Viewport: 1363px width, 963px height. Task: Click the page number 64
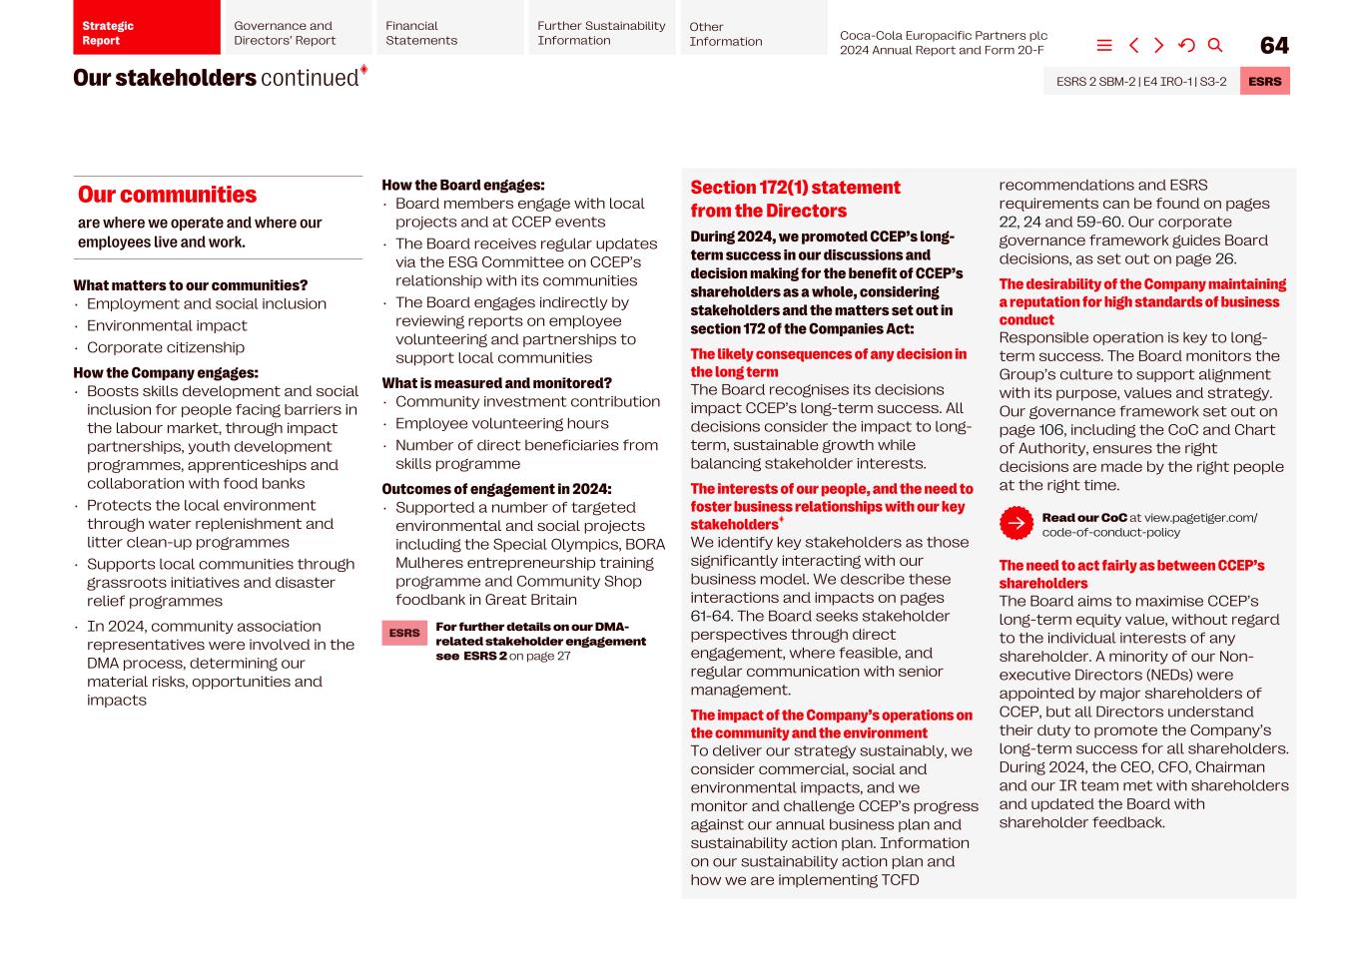1274,46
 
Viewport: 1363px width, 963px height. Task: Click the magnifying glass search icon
1215,46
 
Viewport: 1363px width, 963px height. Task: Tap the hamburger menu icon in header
1104,46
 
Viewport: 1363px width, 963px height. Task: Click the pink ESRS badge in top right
1264,82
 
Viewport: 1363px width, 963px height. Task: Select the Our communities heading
168,195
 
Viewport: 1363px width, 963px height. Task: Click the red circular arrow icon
1016,523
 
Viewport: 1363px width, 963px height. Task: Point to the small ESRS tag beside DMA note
404,633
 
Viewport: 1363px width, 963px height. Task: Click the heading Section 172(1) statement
795,188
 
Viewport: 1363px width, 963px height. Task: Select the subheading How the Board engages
462,186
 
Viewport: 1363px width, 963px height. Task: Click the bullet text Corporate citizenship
166,347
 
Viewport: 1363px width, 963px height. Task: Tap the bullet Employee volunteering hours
501,423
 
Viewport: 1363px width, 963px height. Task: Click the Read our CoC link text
1084,518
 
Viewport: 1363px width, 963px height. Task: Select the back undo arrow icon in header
1186,46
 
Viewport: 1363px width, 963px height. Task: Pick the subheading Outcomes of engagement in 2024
496,489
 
